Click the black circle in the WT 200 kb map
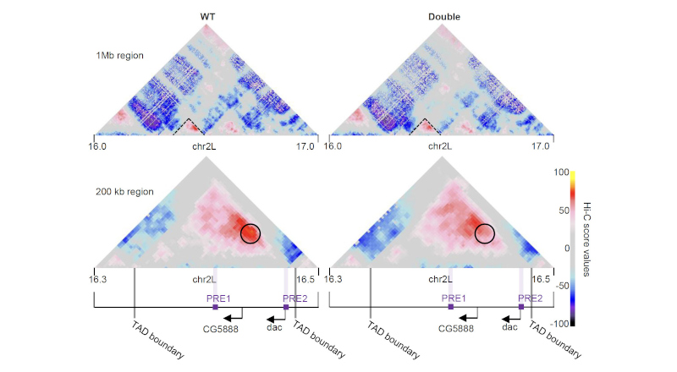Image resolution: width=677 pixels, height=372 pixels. click(x=250, y=232)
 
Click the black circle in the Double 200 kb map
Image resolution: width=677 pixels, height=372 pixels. click(x=485, y=232)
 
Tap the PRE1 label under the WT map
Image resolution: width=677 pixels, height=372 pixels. click(x=218, y=298)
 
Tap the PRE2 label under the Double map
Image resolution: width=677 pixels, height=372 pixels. click(x=530, y=298)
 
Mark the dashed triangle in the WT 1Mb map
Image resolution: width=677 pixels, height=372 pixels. click(x=184, y=128)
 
